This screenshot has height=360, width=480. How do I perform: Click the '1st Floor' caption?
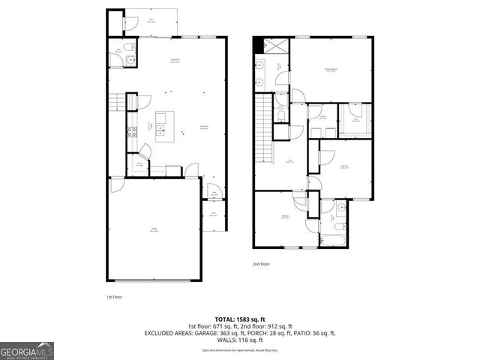click(113, 296)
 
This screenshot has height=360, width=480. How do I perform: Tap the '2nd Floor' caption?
click(262, 265)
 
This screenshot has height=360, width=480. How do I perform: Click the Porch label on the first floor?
click(213, 213)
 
